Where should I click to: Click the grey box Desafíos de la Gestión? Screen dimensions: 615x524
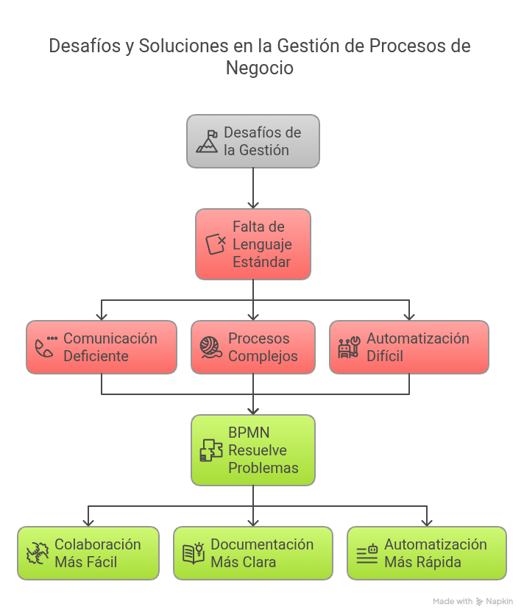(x=252, y=141)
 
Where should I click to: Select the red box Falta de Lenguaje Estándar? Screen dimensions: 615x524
(x=252, y=244)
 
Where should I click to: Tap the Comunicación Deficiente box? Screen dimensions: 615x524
(x=102, y=347)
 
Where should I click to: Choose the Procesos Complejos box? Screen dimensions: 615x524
(x=252, y=347)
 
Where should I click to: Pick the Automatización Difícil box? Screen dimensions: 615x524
(x=408, y=347)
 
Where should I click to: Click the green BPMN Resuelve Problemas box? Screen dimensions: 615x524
(x=252, y=450)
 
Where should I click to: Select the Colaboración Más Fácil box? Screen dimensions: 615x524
(x=88, y=553)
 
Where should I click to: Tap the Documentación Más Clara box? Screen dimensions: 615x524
(x=252, y=553)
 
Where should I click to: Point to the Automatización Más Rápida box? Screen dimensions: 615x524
(x=426, y=553)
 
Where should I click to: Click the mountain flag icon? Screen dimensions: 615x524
(x=207, y=141)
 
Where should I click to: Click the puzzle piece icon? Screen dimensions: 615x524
(x=211, y=450)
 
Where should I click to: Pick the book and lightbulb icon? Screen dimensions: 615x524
(x=193, y=553)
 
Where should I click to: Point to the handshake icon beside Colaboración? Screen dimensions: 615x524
(x=37, y=553)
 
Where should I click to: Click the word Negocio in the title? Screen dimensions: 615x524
(x=259, y=68)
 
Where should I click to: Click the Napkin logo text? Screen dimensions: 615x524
(x=500, y=601)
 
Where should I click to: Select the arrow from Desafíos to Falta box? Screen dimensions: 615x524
(x=252, y=188)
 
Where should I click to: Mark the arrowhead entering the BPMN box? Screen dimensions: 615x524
(x=252, y=410)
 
